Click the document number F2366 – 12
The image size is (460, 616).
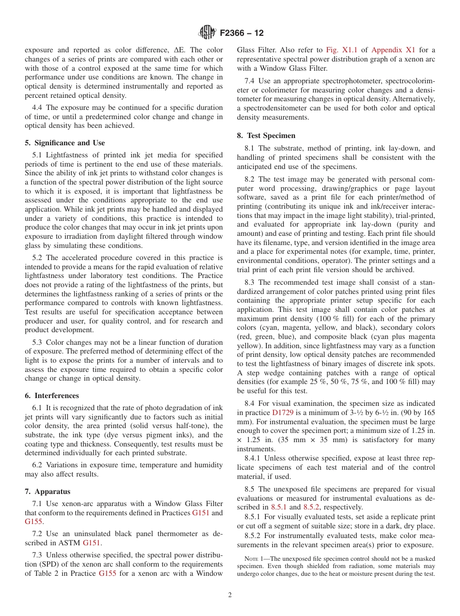(242, 33)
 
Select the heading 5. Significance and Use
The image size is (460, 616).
(64, 143)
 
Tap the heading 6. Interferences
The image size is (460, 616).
(52, 396)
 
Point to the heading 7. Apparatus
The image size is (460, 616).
(47, 492)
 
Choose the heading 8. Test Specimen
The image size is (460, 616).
(266, 136)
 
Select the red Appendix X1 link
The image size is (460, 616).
(393, 50)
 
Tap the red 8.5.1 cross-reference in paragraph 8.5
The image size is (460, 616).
(278, 507)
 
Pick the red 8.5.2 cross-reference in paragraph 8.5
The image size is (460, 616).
(311, 507)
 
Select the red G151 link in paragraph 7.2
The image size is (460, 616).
(92, 543)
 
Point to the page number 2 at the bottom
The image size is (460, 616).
(230, 595)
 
